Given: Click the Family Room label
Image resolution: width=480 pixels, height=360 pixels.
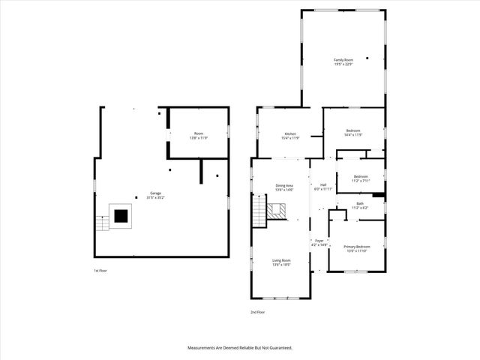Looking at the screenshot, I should pos(343,59).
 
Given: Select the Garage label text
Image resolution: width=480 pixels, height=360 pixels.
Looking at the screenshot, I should pos(156,193).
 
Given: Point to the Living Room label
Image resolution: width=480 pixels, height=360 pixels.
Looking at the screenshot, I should pos(281,260).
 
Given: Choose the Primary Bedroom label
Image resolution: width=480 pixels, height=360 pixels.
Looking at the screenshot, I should pos(356,247).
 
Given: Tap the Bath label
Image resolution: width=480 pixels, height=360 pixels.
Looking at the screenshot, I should pos(360,203).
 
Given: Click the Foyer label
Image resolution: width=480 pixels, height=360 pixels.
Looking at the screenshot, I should pos(319,241).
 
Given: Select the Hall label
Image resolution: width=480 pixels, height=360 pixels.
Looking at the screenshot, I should pos(323,185).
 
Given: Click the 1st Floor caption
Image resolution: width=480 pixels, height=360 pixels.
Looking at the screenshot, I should pos(100,270).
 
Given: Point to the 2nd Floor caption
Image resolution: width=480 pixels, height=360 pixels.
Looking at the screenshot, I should pos(257,311).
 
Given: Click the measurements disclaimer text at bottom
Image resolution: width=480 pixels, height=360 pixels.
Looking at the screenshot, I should pos(239,348).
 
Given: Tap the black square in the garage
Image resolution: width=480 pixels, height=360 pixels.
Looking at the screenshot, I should pos(121,217).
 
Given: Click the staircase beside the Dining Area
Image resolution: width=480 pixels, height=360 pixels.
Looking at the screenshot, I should pos(259,208).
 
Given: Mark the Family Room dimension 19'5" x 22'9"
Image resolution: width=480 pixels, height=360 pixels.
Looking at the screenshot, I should pos(343,64).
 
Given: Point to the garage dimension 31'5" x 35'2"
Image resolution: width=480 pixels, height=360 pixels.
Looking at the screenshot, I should pos(156,197).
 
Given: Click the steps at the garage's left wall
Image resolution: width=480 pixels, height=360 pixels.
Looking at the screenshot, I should pos(101,223).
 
